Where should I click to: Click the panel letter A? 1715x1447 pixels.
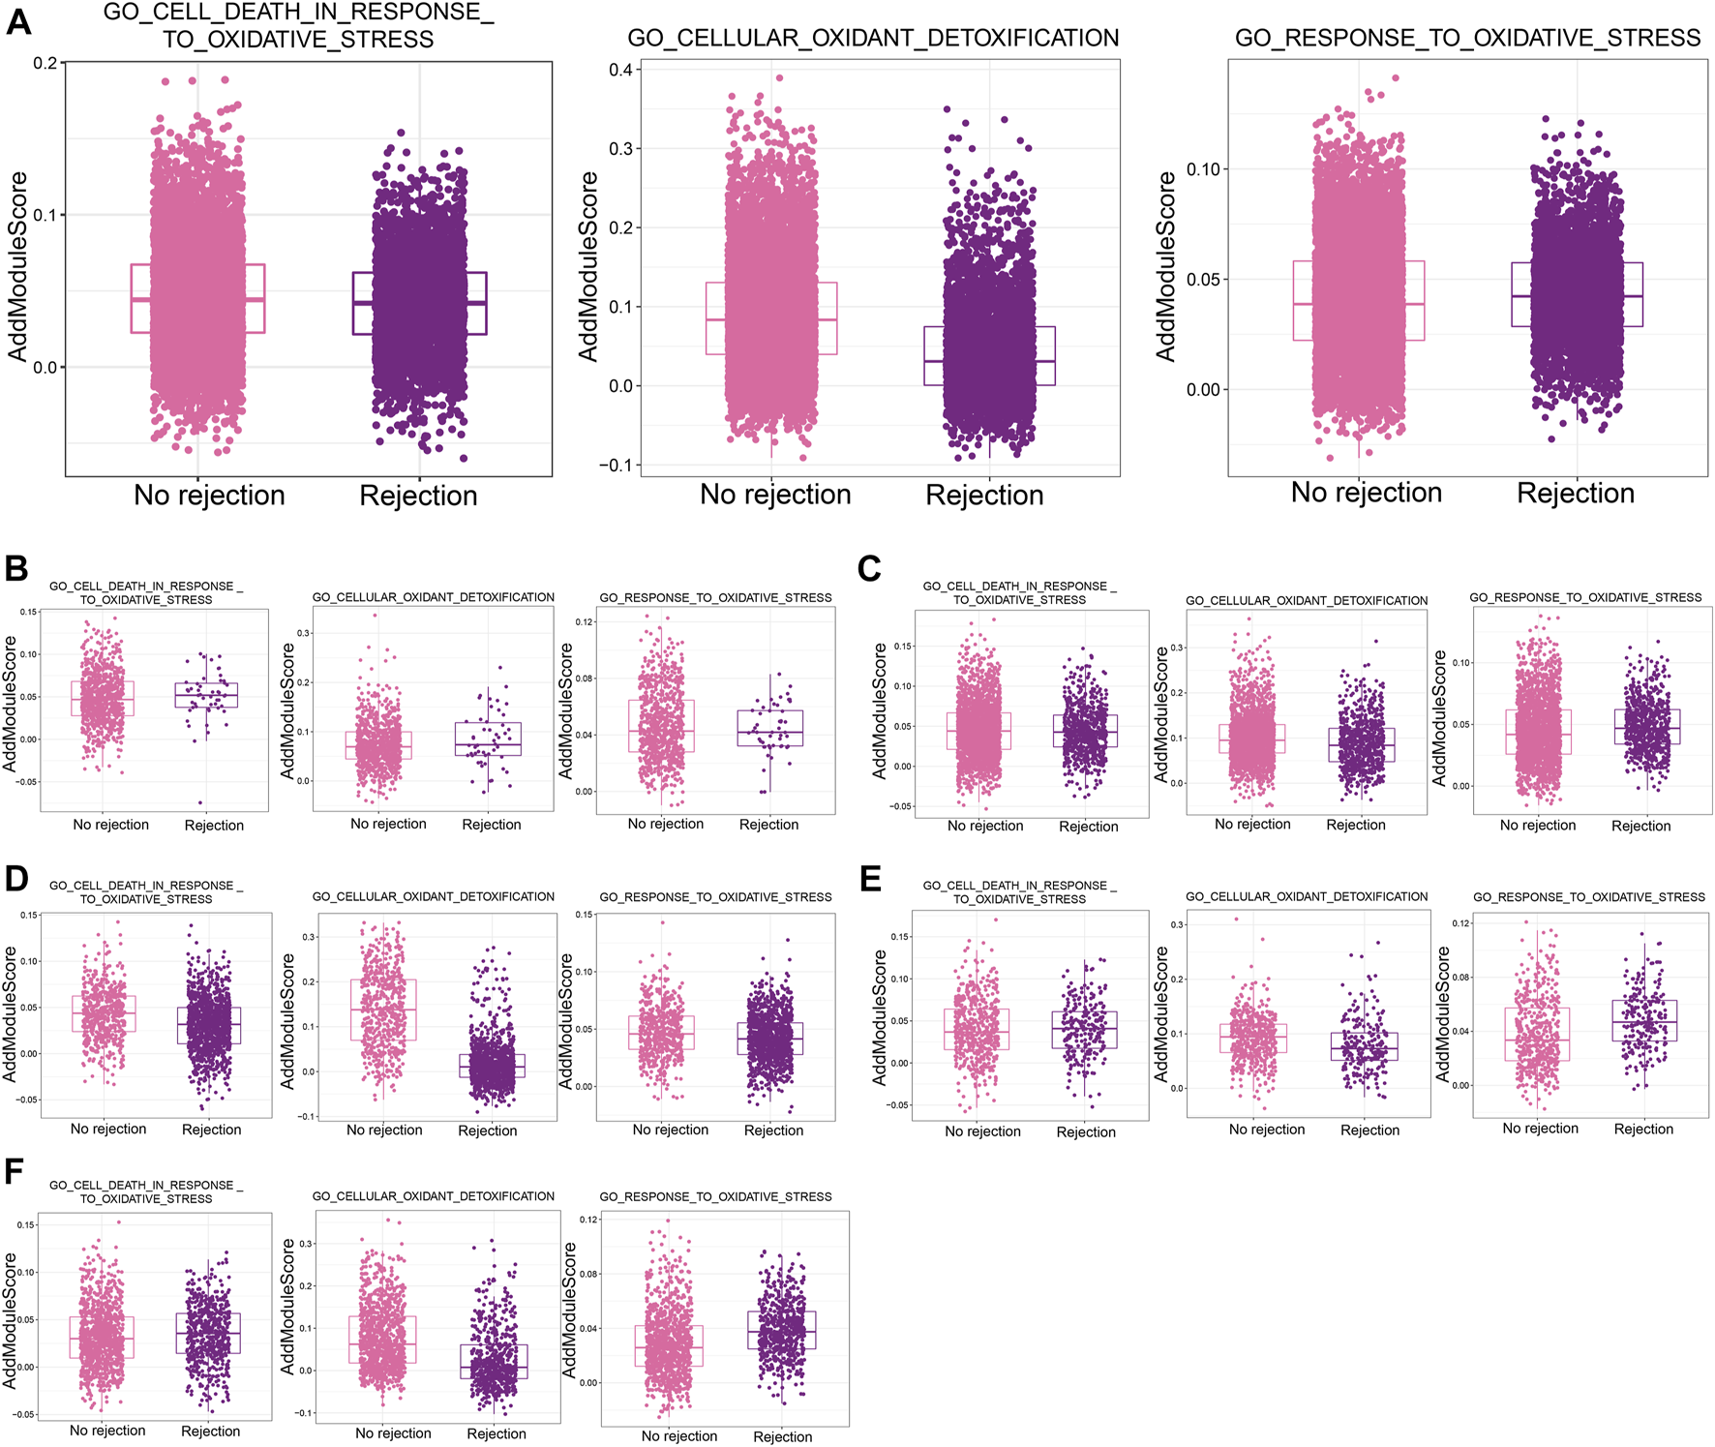tap(18, 20)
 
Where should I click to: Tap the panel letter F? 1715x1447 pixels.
tap(14, 1171)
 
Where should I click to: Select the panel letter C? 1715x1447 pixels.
tap(869, 568)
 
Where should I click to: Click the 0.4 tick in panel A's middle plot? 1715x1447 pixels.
tap(620, 70)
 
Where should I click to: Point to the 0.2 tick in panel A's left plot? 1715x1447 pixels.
tap(45, 63)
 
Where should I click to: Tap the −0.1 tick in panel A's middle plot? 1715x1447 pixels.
tap(616, 466)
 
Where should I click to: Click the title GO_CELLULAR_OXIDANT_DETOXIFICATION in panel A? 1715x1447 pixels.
tap(873, 39)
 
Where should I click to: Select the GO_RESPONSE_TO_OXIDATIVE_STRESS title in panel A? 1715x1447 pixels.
tap(1467, 39)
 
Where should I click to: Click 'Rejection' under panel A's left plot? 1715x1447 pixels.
tap(418, 496)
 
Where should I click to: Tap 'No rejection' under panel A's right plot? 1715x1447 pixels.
tap(1366, 493)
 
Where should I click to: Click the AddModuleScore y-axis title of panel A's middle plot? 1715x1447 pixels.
tap(587, 267)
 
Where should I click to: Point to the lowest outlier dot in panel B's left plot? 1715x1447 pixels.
tap(201, 802)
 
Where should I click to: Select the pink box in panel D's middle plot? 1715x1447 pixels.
tap(384, 1010)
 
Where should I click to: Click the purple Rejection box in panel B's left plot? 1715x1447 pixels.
tap(206, 695)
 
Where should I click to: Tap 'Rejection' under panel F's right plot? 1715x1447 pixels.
tap(782, 1436)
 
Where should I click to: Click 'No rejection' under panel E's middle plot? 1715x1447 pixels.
tap(1266, 1130)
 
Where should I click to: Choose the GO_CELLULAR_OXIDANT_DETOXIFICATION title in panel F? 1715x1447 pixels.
tap(433, 1196)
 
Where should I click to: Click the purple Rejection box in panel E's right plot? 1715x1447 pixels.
tap(1644, 1020)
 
